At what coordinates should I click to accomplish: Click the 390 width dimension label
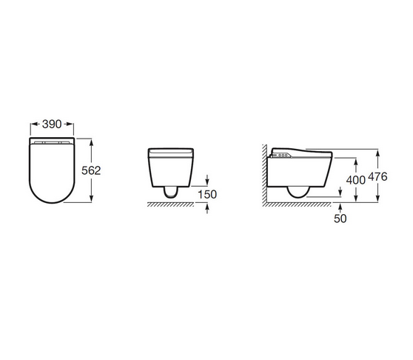(x=52, y=124)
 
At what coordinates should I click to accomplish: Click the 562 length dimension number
(x=91, y=171)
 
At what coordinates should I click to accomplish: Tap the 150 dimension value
(x=207, y=195)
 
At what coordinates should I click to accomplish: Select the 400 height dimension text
(x=355, y=180)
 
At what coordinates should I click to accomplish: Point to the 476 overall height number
(x=377, y=176)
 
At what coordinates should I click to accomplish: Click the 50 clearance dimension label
(x=340, y=219)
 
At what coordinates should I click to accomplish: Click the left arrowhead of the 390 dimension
(x=33, y=124)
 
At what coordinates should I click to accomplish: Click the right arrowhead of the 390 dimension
(x=70, y=124)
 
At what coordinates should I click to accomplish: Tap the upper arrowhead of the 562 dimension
(x=91, y=142)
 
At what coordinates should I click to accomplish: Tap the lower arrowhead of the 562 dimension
(x=91, y=199)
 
